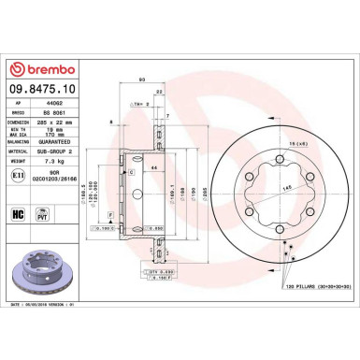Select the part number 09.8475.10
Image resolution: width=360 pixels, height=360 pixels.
[x=48, y=90]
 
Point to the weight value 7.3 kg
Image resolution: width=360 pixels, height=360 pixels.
[x=58, y=161]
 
